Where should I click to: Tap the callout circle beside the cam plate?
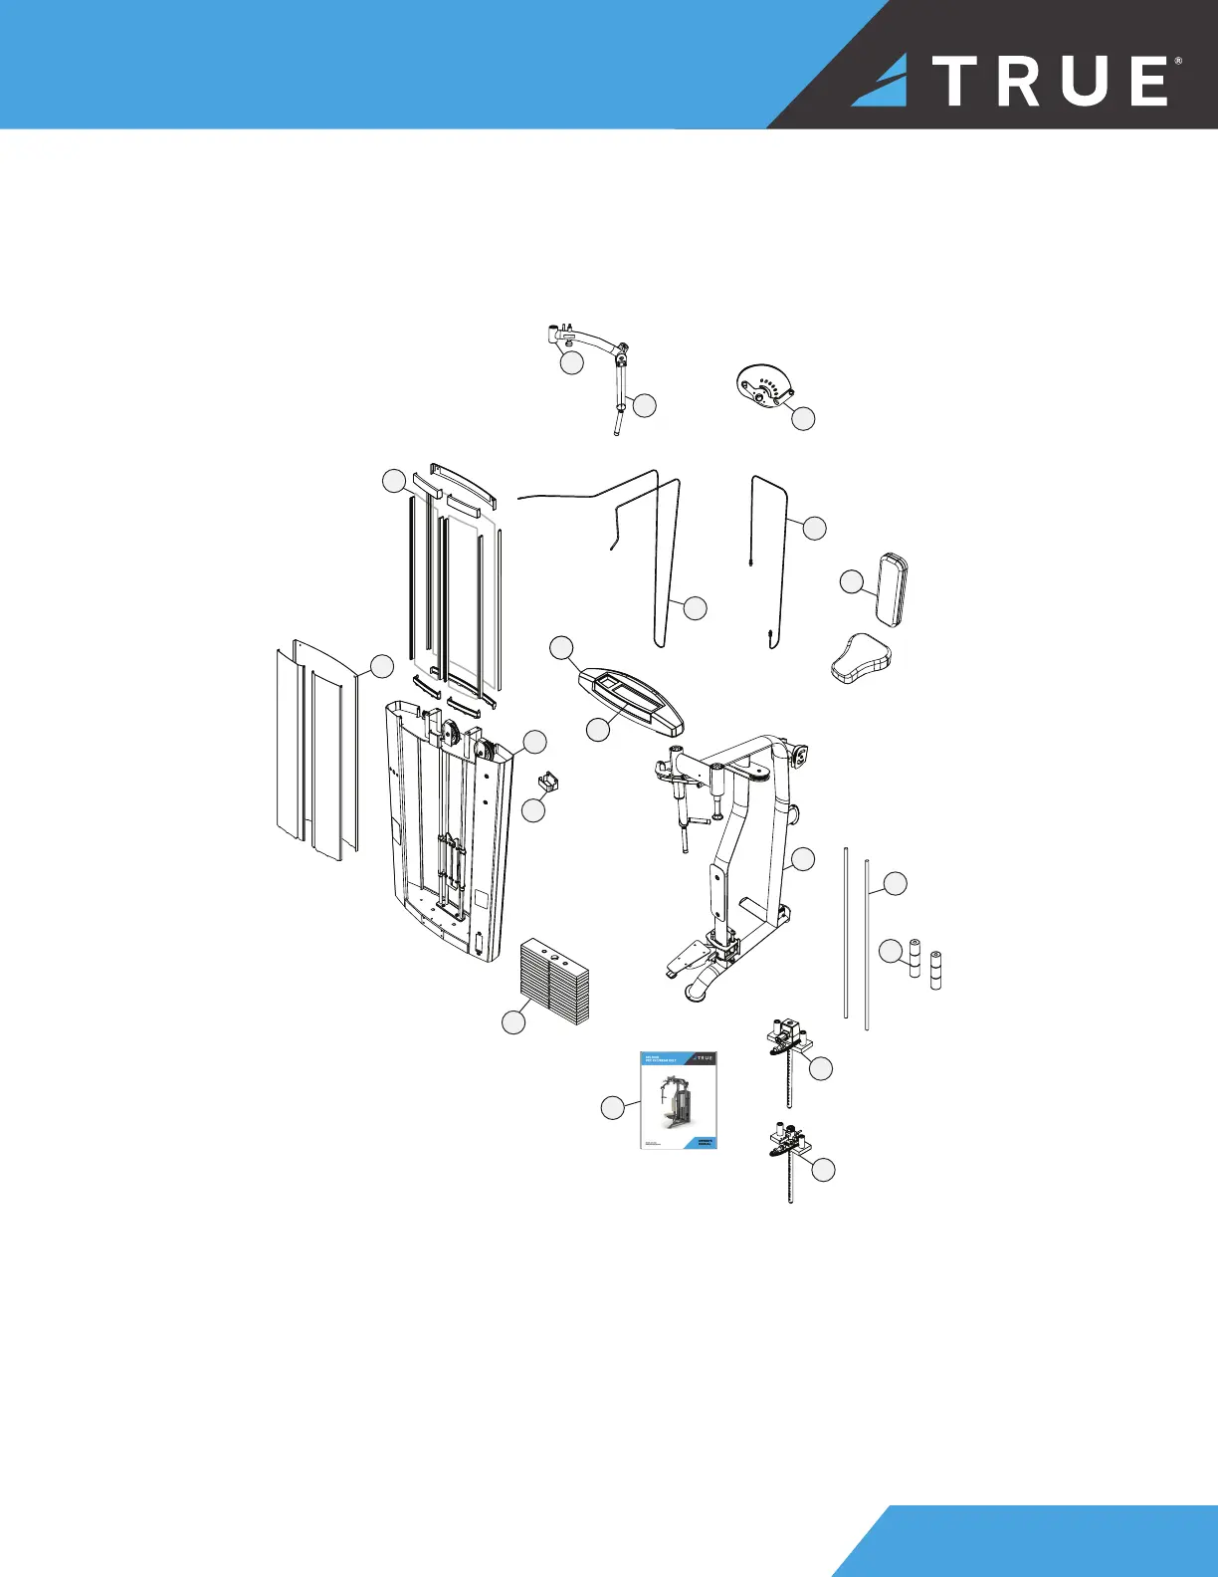pyautogui.click(x=803, y=419)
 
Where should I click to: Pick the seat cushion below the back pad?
pyautogui.click(x=861, y=658)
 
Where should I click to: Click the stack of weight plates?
pyautogui.click(x=554, y=980)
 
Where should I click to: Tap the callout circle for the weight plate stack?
pyautogui.click(x=513, y=1022)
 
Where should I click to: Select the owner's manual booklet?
pyautogui.click(x=678, y=1100)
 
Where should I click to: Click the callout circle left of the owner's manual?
pyautogui.click(x=613, y=1107)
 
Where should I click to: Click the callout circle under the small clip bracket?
pyautogui.click(x=534, y=810)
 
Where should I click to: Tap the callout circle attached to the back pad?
pyautogui.click(x=851, y=582)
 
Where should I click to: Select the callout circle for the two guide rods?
pyautogui.click(x=896, y=883)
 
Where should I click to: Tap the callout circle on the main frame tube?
pyautogui.click(x=803, y=859)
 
